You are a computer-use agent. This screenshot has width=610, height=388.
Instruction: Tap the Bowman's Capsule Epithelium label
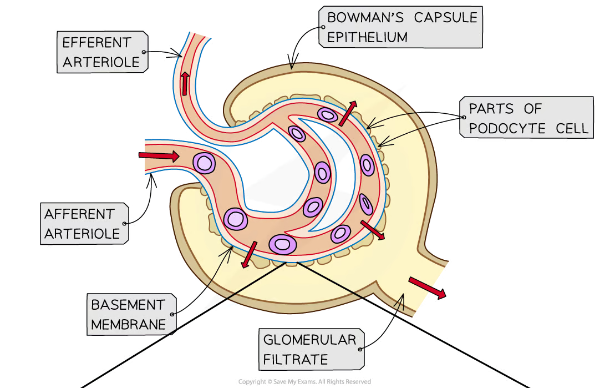(401, 27)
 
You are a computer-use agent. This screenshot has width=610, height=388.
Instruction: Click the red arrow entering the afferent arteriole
(159, 156)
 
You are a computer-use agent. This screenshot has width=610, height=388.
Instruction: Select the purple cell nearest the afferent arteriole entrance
(204, 163)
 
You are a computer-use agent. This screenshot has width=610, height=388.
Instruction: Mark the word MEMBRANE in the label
(129, 325)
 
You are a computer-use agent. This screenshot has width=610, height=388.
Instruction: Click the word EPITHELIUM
(368, 37)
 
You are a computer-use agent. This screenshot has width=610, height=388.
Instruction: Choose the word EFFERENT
(97, 42)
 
